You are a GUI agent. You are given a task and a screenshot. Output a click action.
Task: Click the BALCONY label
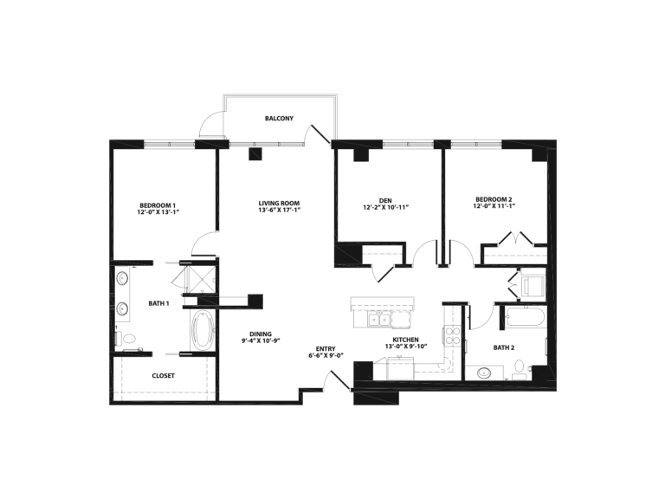click(x=279, y=118)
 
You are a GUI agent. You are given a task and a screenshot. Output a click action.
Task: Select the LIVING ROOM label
click(x=279, y=204)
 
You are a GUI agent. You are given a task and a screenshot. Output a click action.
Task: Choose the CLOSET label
click(x=164, y=376)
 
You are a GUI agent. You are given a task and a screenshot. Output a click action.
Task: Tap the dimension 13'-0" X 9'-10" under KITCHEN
click(x=407, y=347)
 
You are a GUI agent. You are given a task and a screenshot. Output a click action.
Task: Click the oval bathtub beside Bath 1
click(x=202, y=330)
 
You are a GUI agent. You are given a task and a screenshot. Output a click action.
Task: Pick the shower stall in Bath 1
click(x=202, y=277)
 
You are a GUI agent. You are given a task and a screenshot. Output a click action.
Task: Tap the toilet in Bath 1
click(x=128, y=339)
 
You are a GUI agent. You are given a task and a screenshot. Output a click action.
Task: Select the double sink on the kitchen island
click(x=379, y=321)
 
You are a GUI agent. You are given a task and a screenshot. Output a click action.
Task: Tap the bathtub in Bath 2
click(x=526, y=316)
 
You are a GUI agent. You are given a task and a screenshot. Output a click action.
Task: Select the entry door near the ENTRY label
click(x=331, y=380)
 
